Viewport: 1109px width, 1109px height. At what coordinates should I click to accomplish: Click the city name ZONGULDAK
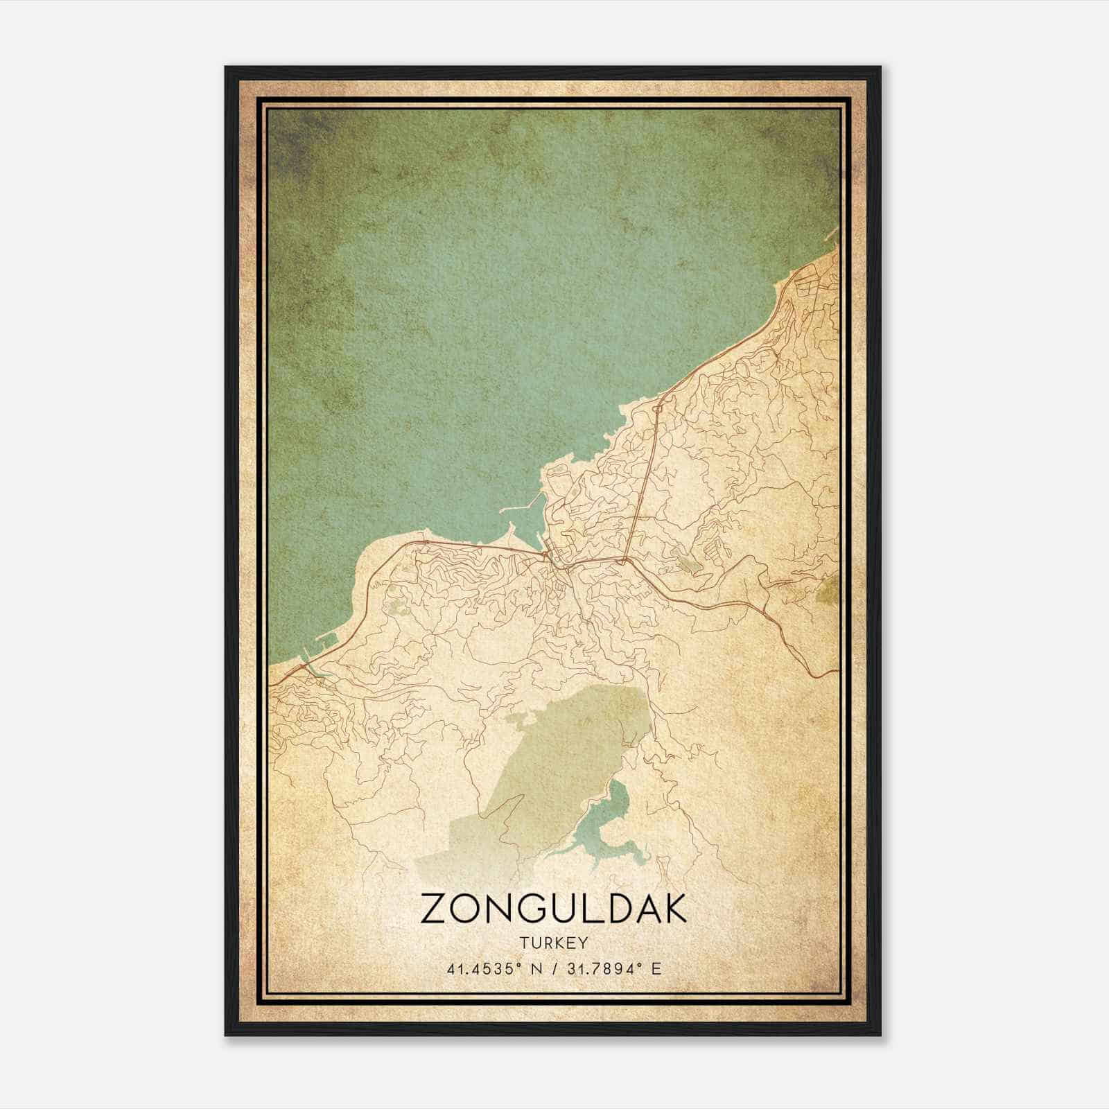553,909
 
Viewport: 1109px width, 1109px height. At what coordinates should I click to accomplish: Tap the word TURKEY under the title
553,943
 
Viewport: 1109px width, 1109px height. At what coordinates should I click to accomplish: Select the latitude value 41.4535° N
494,968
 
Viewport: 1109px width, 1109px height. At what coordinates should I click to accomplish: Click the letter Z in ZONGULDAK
433,909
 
